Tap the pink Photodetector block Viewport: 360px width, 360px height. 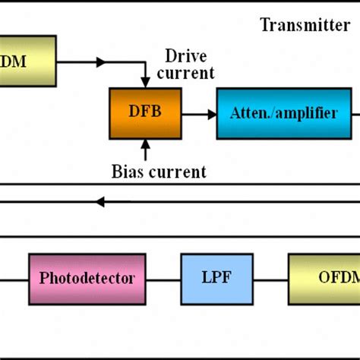pos(87,278)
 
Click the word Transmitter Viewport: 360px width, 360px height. pos(305,26)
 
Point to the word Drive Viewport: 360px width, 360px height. pos(186,56)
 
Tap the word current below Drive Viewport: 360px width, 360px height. pos(186,74)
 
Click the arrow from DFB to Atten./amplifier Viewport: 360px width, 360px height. pos(200,114)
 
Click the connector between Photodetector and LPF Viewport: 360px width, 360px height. pos(163,278)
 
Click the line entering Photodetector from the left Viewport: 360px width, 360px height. pos(14,278)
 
